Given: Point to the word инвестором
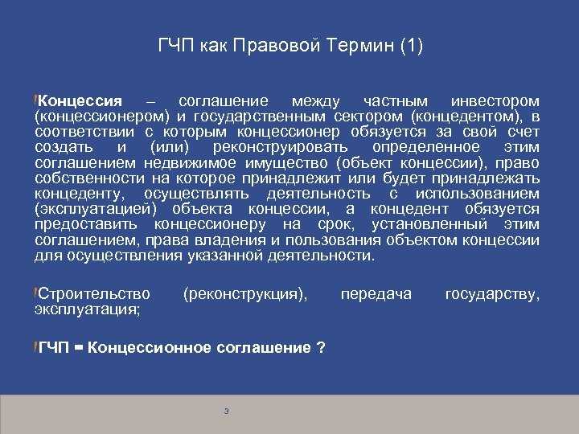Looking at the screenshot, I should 495,102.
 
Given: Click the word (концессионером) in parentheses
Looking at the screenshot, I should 99,117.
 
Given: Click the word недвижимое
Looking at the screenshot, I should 189,163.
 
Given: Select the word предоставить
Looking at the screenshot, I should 86,224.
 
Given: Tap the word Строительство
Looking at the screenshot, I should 95,294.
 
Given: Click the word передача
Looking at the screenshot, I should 376,294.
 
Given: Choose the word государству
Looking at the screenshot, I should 492,294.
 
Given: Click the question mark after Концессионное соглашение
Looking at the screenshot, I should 321,348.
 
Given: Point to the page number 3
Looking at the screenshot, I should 227,411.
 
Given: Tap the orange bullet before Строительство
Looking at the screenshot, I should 36,293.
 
